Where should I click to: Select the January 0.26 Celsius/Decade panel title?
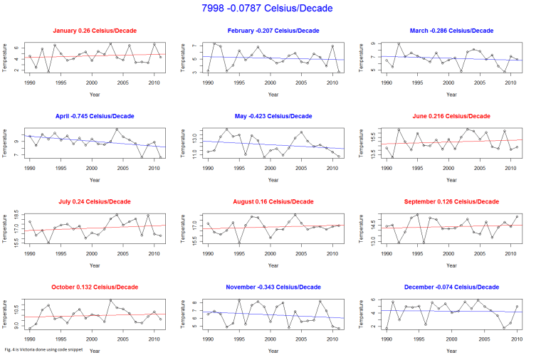pyautogui.click(x=95, y=31)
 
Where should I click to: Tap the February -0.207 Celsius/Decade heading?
pyautogui.click(x=273, y=31)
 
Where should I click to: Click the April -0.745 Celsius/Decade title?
pyautogui.click(x=95, y=116)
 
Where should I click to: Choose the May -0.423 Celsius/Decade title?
pyautogui.click(x=273, y=116)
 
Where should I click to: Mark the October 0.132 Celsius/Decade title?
pyautogui.click(x=95, y=287)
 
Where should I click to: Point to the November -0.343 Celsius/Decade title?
pyautogui.click(x=273, y=287)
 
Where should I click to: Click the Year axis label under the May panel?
pyautogui.click(x=273, y=179)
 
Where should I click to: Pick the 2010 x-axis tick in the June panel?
pyautogui.click(x=510, y=166)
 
